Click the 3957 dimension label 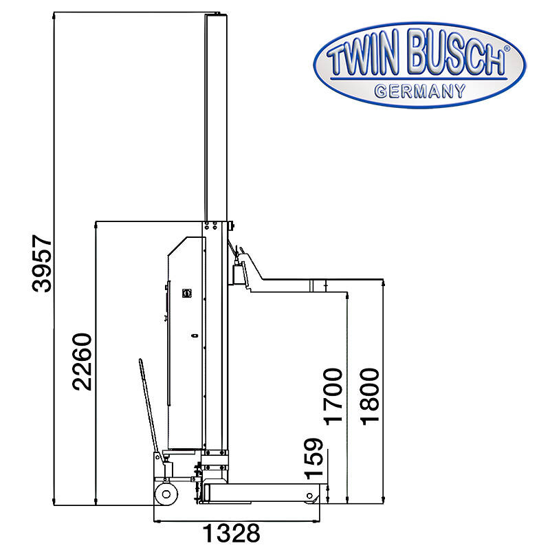click(x=42, y=264)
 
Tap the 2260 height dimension click(x=82, y=362)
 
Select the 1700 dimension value click(x=333, y=397)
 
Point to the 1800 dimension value click(x=370, y=397)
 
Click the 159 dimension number click(x=313, y=459)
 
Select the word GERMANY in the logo click(x=420, y=91)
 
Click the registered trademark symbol click(x=507, y=49)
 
